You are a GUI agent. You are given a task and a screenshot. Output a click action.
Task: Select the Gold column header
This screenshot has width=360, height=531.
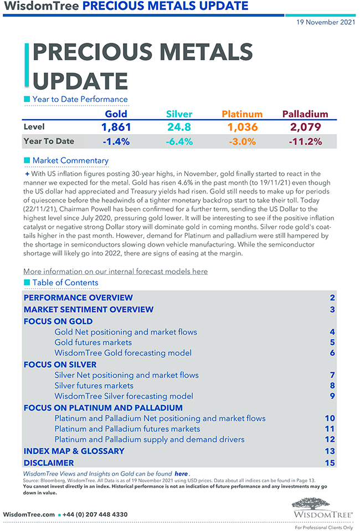click(116, 114)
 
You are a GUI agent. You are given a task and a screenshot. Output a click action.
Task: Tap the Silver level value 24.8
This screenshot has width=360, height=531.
click(179, 127)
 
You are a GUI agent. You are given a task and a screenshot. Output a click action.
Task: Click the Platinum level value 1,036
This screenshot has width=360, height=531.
click(243, 127)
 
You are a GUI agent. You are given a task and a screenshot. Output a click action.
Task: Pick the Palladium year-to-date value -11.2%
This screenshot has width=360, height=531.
click(305, 141)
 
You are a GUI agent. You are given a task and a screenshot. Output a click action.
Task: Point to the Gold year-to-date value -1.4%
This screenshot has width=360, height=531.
click(116, 141)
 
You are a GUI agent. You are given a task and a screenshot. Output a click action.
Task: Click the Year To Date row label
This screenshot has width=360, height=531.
click(49, 141)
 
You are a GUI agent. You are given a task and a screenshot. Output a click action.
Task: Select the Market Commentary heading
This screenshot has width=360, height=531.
click(70, 161)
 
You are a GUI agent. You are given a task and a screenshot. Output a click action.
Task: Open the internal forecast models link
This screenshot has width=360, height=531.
click(115, 272)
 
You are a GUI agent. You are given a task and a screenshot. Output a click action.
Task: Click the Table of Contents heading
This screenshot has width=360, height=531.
click(65, 283)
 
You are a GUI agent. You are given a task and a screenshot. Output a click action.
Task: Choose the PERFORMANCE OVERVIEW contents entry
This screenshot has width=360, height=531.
click(78, 298)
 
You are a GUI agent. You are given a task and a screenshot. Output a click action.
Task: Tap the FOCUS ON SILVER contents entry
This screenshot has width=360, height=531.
click(60, 365)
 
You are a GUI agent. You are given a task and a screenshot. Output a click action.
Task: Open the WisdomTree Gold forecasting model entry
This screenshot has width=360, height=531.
click(123, 353)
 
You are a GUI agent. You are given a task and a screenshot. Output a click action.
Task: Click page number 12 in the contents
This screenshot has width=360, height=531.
click(330, 440)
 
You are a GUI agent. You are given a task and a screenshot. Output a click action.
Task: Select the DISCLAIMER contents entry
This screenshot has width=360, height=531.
click(49, 463)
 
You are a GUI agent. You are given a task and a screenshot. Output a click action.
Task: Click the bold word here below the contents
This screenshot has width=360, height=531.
click(181, 474)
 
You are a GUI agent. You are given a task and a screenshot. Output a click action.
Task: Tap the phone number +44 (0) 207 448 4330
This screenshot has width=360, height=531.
click(96, 514)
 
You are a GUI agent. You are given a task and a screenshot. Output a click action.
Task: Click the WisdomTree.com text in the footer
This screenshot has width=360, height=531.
click(29, 514)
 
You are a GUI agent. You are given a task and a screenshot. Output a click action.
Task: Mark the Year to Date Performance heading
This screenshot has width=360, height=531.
click(80, 100)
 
